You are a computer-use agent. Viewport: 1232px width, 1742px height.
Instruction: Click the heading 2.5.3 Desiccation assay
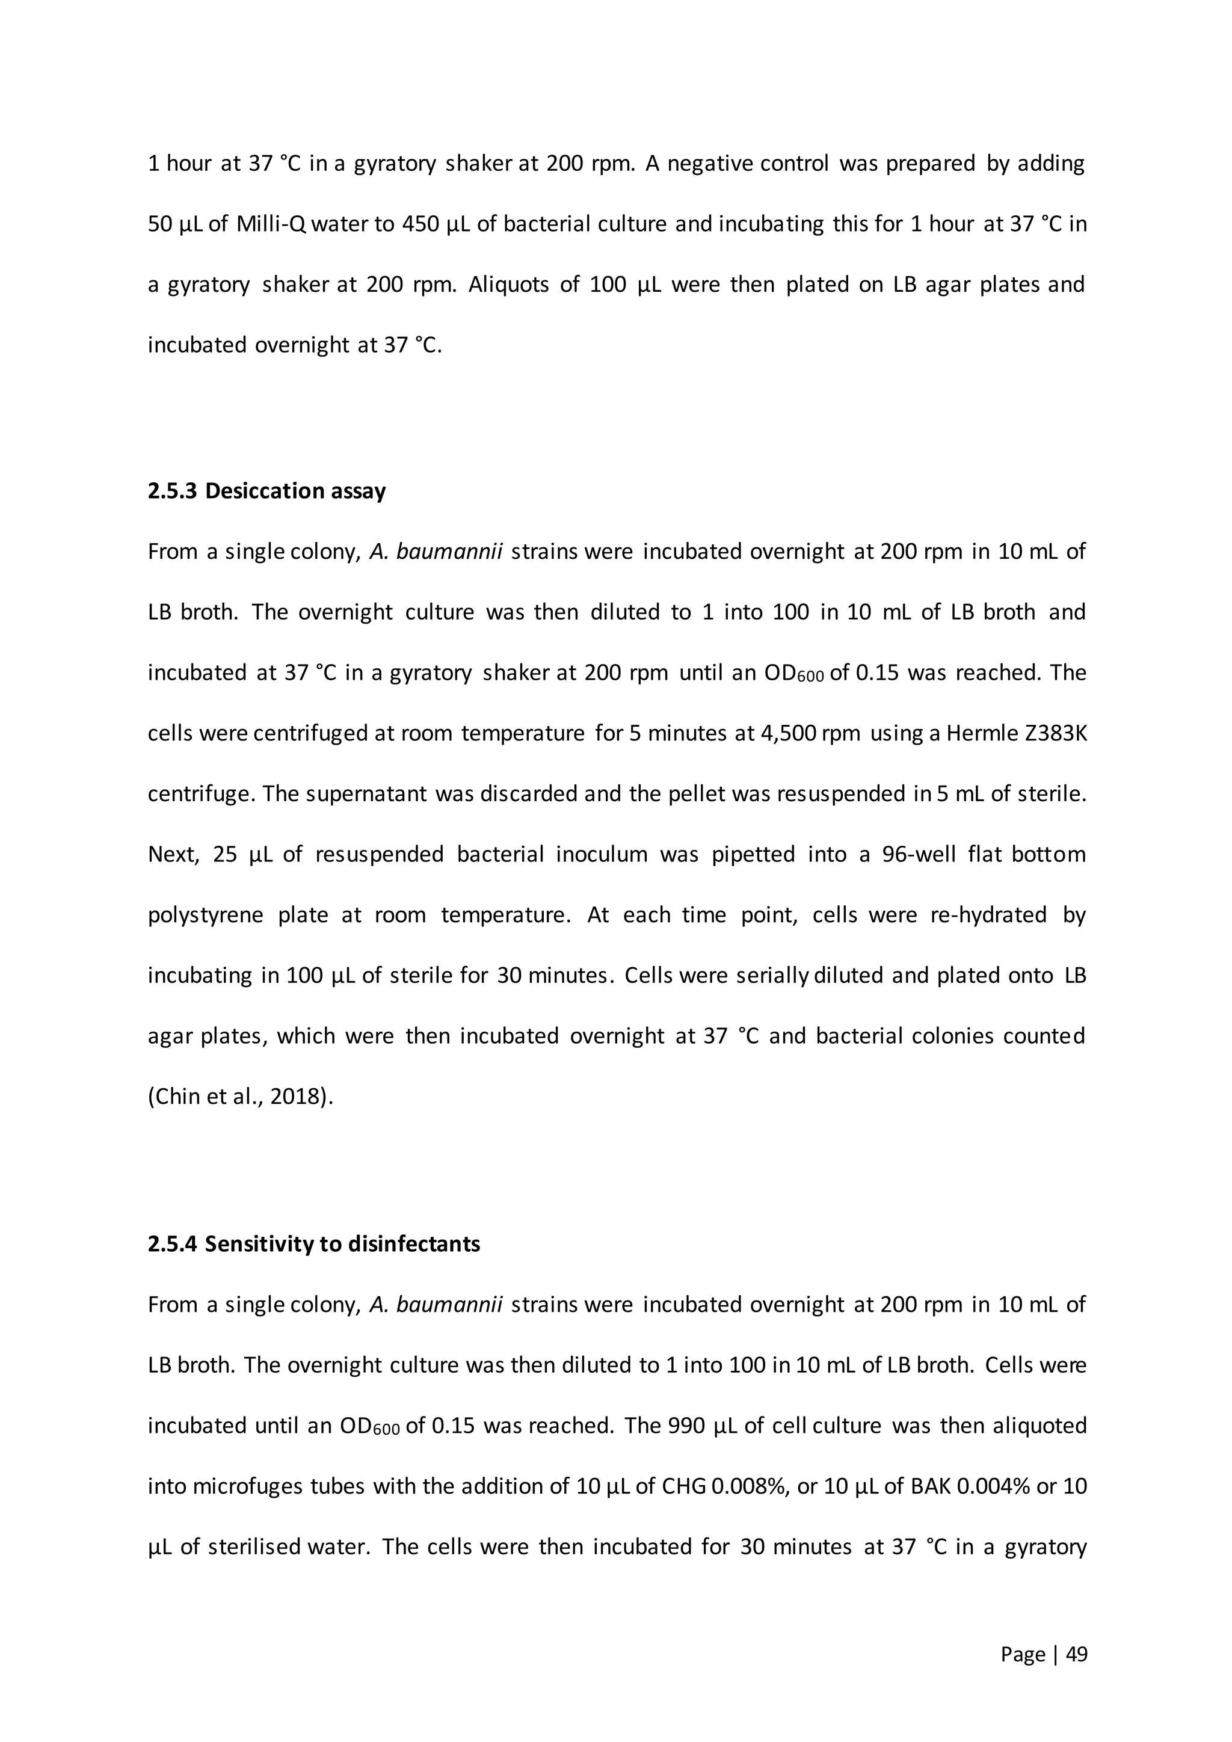pyautogui.click(x=266, y=491)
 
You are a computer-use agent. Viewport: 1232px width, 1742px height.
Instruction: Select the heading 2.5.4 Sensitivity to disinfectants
pyautogui.click(x=313, y=1245)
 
